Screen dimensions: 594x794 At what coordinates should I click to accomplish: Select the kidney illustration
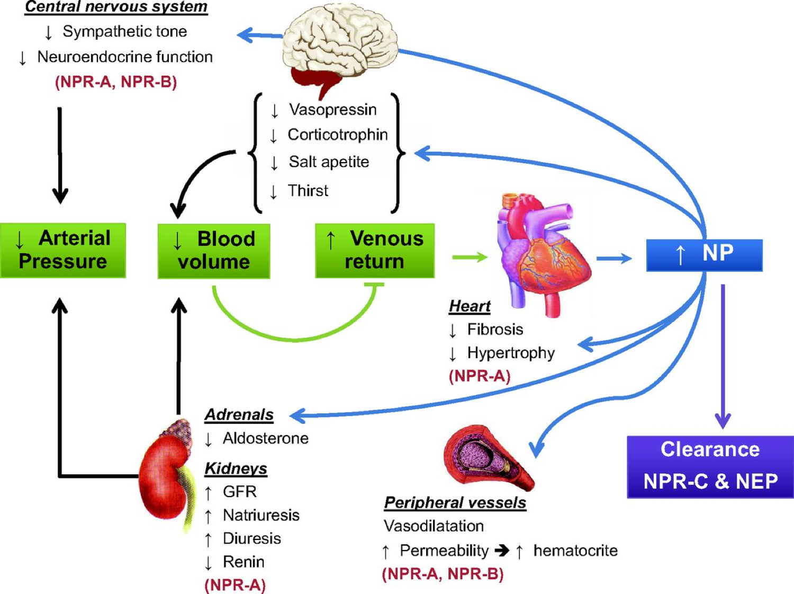164,477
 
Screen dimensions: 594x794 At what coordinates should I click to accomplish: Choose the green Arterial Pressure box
63,250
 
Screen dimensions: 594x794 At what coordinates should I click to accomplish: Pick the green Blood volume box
214,251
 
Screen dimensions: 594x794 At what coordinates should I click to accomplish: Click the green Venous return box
375,251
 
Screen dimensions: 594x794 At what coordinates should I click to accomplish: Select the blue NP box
704,255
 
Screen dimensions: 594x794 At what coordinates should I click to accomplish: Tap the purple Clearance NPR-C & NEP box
710,466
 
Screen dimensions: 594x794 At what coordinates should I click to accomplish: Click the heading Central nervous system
116,7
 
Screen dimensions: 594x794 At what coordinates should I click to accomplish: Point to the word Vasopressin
332,110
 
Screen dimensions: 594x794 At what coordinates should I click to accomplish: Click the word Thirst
308,190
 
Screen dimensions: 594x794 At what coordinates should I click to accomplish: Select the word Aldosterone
265,438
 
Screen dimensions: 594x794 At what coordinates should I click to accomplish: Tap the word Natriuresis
261,515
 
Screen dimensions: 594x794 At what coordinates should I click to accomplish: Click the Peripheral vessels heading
455,502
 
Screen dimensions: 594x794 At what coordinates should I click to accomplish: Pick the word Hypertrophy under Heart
511,353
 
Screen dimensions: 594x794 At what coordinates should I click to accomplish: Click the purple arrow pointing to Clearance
723,355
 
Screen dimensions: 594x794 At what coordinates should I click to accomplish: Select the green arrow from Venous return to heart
470,258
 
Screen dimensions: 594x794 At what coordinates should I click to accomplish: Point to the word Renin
243,562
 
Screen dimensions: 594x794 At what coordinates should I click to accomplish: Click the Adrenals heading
239,414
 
